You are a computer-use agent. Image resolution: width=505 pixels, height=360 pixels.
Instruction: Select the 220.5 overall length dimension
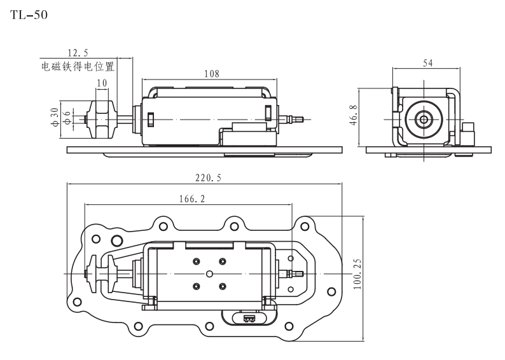208,178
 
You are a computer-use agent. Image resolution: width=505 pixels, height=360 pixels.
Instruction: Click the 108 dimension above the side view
211,74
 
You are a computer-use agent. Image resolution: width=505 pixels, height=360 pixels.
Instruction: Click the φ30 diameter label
55,116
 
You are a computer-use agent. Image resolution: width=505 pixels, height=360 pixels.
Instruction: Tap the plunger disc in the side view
102,119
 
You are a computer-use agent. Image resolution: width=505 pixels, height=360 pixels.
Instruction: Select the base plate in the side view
204,150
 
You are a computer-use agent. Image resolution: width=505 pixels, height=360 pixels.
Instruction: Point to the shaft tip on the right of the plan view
296,274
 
